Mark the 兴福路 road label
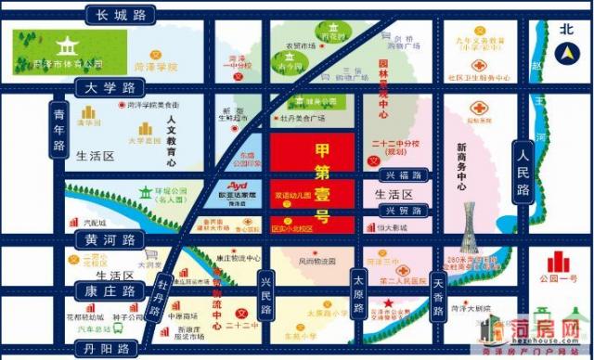tap(404, 174)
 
